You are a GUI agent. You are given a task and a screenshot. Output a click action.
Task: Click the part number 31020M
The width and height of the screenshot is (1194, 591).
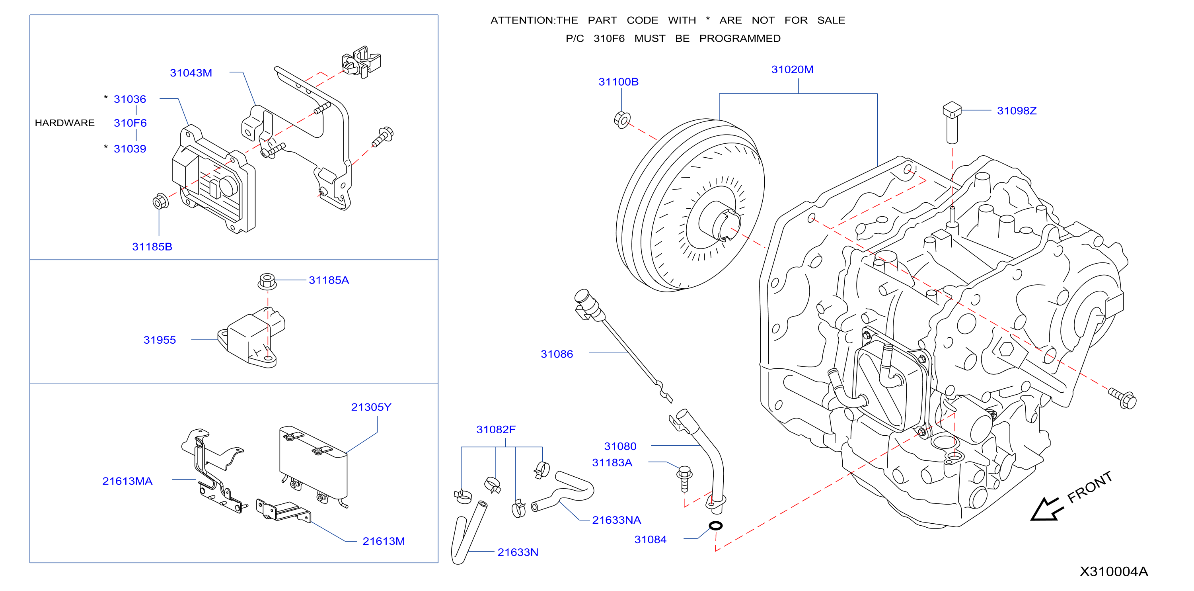[792, 70]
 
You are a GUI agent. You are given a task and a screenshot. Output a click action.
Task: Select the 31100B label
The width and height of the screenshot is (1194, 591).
[618, 82]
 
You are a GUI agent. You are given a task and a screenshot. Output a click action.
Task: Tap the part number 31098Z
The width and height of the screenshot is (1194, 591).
[1017, 111]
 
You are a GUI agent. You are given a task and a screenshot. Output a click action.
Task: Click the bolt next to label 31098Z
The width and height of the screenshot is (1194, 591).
[952, 123]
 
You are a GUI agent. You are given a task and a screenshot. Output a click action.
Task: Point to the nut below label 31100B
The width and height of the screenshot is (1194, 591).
[622, 120]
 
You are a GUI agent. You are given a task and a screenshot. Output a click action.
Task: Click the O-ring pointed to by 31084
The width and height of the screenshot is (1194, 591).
[716, 526]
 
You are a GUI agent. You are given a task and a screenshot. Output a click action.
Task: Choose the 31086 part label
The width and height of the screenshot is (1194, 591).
[557, 354]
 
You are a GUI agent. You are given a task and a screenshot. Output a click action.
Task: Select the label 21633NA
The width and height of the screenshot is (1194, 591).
[616, 520]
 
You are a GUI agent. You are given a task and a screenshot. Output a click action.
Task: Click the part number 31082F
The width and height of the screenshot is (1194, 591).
[495, 430]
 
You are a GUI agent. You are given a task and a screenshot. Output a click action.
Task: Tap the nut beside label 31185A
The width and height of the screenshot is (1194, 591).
[267, 281]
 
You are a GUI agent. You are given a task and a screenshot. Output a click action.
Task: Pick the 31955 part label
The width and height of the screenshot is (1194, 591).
[160, 340]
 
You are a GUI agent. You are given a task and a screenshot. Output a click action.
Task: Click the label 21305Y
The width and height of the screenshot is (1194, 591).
[371, 407]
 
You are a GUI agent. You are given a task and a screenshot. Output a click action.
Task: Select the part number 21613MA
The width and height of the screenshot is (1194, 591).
[127, 481]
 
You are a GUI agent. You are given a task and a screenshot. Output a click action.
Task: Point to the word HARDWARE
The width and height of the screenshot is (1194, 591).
[64, 123]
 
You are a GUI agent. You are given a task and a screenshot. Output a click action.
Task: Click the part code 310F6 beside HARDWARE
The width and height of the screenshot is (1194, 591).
[130, 123]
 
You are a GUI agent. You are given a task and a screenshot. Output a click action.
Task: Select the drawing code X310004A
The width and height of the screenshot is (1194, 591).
[1114, 571]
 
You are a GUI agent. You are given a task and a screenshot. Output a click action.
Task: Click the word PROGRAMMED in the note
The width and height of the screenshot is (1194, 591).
[740, 39]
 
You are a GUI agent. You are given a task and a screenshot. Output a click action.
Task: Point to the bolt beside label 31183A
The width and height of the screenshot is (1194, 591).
[685, 479]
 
